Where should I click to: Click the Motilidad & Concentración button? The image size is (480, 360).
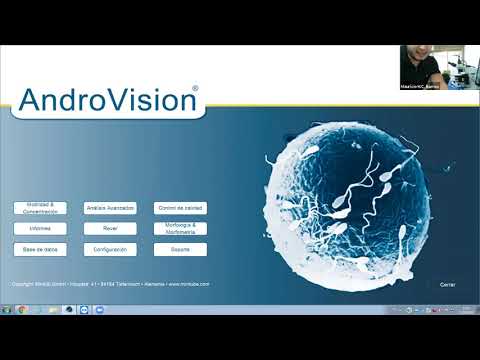(x=40, y=208)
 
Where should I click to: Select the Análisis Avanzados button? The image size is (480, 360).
(x=110, y=208)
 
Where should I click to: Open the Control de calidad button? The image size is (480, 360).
(x=181, y=208)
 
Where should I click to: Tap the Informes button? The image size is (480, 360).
(x=40, y=228)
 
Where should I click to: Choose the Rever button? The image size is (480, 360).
(x=110, y=228)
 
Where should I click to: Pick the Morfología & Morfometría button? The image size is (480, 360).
(x=181, y=228)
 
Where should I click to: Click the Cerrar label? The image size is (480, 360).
(x=448, y=284)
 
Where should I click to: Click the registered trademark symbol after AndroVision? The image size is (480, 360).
(x=195, y=89)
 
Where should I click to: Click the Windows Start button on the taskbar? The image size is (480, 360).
(x=8, y=310)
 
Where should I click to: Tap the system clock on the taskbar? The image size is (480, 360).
(x=467, y=310)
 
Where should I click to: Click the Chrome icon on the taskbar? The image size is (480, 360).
(x=67, y=310)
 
